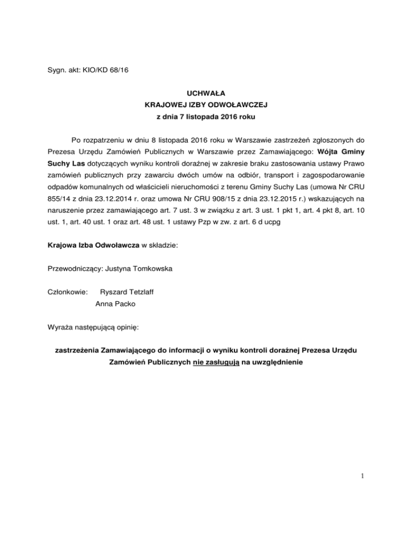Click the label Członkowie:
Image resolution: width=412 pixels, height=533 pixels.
68,292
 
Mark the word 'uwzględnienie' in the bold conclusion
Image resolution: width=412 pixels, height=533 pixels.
279,362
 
